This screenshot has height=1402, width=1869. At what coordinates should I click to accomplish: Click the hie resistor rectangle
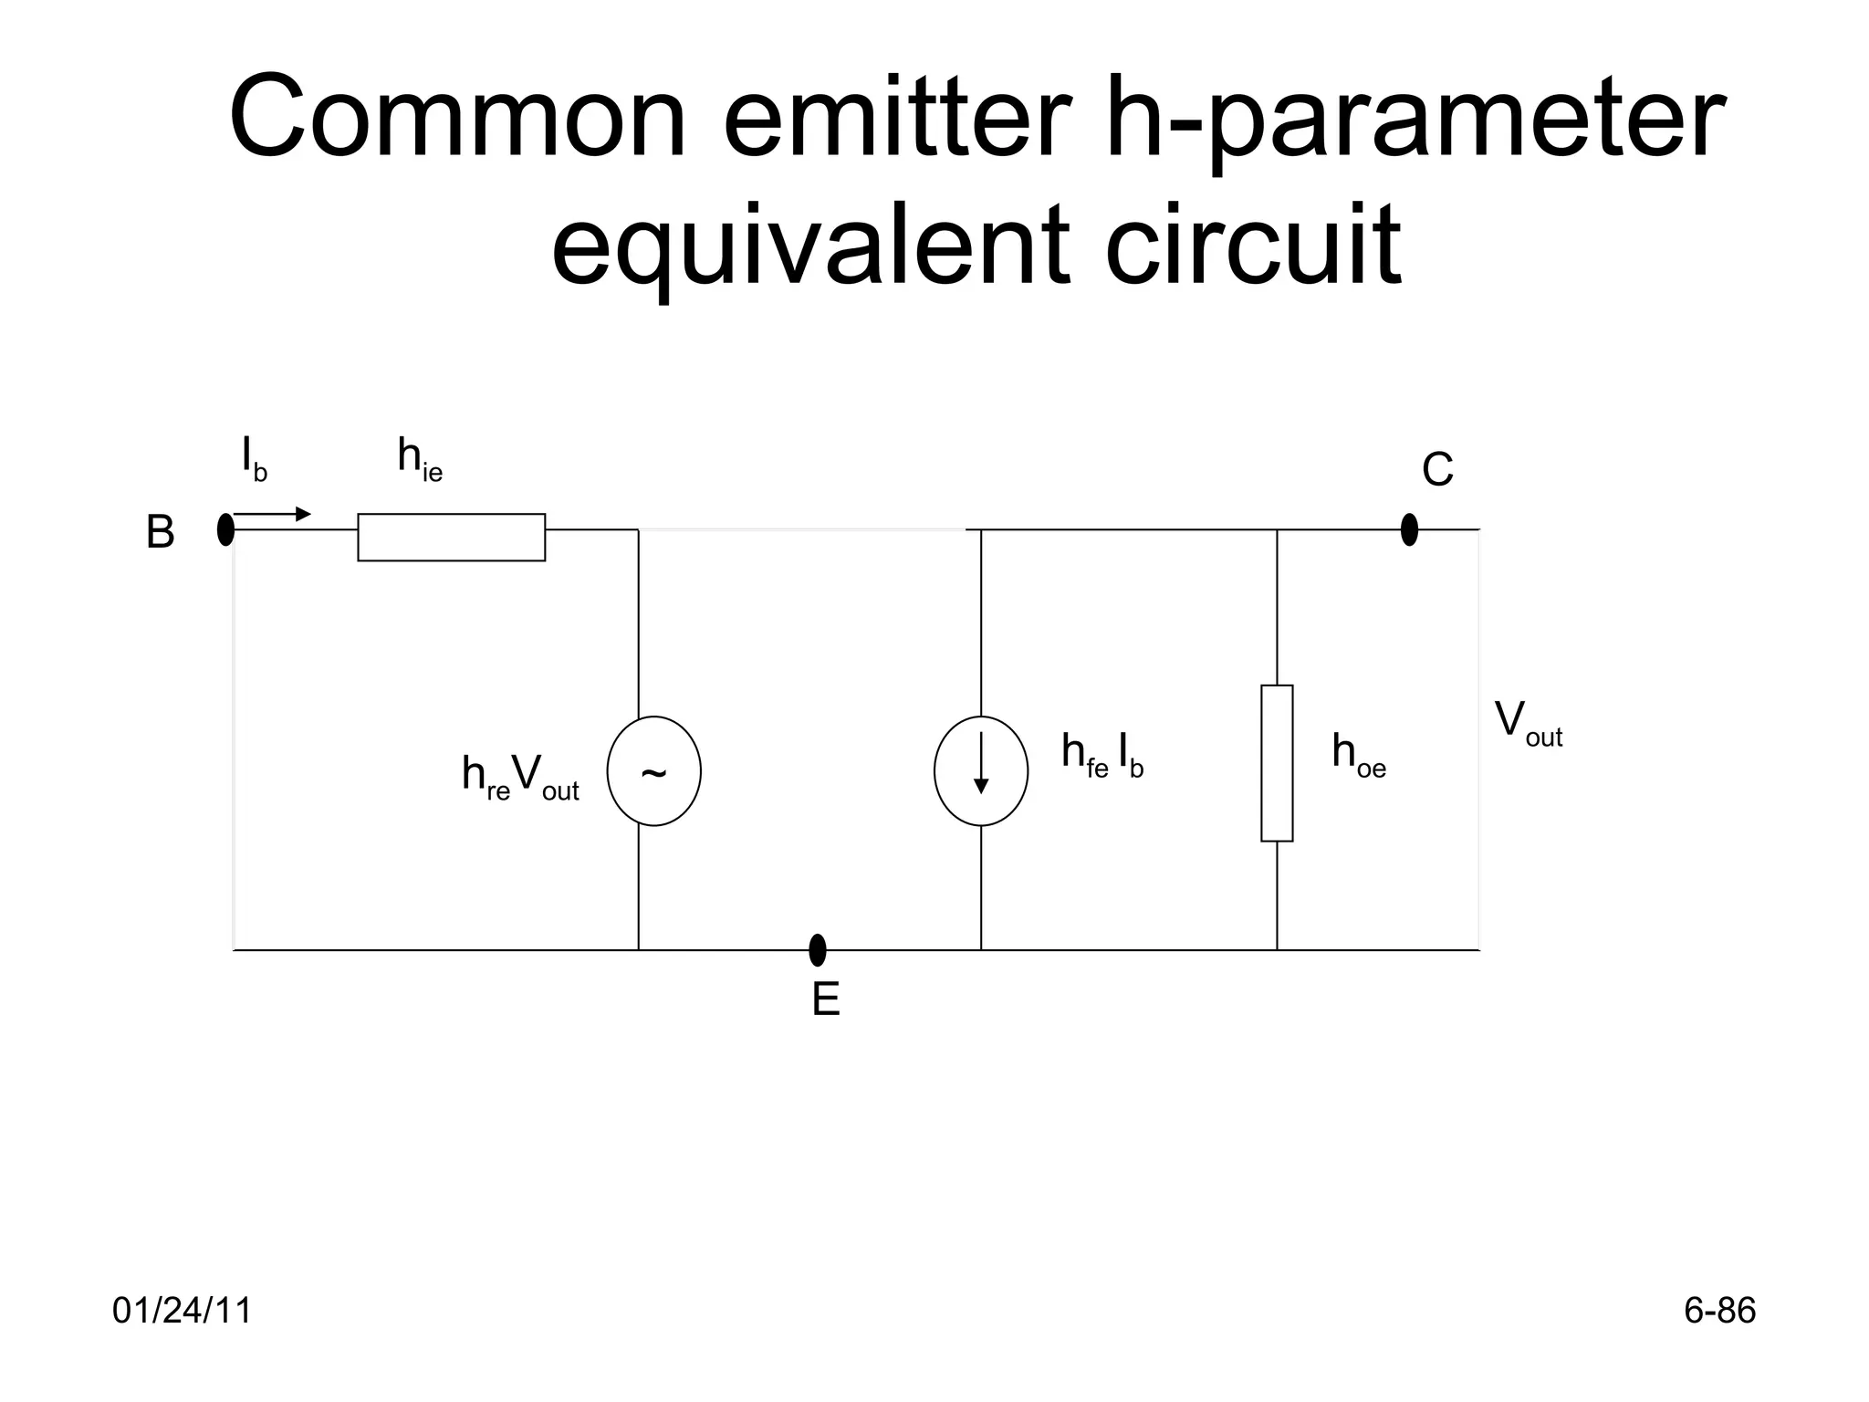point(451,537)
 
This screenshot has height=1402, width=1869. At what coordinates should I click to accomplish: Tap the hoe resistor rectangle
point(1277,763)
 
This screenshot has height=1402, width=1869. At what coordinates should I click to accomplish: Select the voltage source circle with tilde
point(653,771)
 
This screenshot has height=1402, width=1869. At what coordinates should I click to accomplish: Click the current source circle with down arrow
point(981,771)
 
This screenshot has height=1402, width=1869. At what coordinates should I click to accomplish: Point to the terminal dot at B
point(225,529)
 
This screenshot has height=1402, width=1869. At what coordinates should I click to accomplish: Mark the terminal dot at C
point(1409,529)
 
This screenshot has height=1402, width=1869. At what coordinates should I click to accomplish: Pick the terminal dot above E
point(818,950)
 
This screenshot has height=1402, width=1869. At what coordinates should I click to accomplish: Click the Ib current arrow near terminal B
point(272,515)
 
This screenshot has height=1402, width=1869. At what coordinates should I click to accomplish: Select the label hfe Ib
point(1102,756)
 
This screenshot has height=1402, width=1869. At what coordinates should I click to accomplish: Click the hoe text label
point(1358,756)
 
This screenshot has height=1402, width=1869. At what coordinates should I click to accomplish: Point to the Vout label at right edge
point(1528,724)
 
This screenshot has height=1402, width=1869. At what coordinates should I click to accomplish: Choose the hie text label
point(420,458)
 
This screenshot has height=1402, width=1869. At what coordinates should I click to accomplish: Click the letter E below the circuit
point(825,1000)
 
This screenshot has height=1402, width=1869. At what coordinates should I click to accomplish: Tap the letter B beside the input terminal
point(160,532)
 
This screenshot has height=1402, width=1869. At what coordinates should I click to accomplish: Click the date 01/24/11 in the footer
point(182,1311)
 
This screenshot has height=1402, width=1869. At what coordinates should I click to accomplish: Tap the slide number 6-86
point(1719,1311)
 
